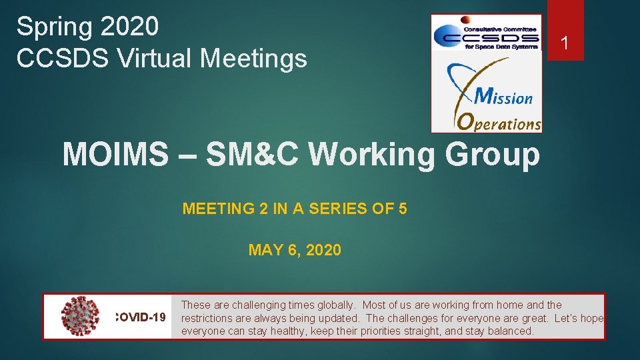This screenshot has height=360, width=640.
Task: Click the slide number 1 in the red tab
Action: click(x=565, y=44)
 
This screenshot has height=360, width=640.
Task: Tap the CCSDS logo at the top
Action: click(x=485, y=33)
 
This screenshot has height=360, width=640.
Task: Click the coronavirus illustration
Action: click(x=80, y=316)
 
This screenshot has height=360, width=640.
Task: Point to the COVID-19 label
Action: click(x=141, y=317)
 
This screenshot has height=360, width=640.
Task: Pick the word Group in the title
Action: click(x=493, y=155)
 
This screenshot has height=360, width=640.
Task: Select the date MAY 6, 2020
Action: click(x=295, y=250)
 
